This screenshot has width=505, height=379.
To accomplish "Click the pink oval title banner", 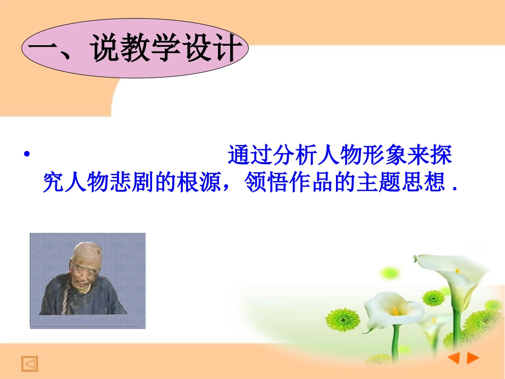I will tap(135, 48).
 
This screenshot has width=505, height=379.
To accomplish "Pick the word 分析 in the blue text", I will tap(295, 156).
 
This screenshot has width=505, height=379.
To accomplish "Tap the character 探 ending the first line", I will tap(441, 156).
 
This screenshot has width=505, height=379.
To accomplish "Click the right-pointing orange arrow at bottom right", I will tap(473, 358).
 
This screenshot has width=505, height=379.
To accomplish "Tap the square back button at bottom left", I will tap(30, 364).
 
